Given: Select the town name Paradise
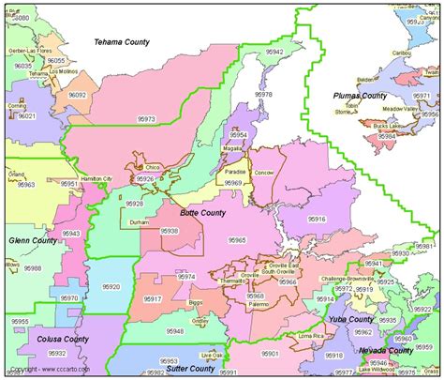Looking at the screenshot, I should tap(235, 172).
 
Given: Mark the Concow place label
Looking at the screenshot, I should tap(265, 173).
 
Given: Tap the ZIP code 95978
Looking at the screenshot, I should tap(264, 95).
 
